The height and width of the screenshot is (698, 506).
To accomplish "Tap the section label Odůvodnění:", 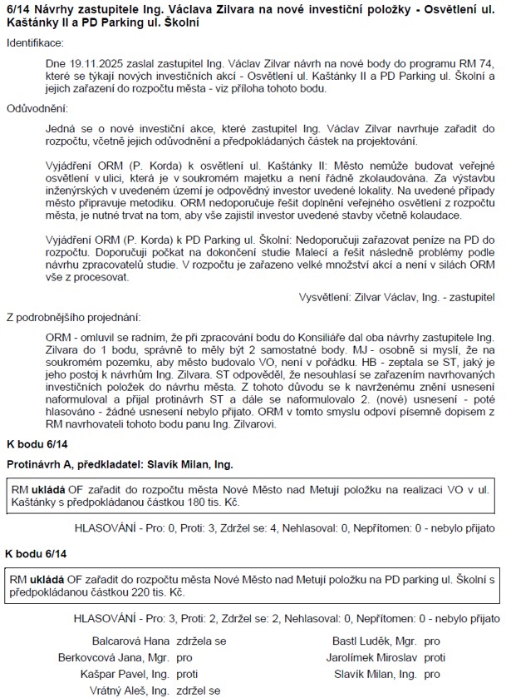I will (37, 108).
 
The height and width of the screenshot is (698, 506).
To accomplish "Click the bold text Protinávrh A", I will (42, 463).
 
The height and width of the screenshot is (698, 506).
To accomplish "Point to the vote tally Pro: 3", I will (153, 620).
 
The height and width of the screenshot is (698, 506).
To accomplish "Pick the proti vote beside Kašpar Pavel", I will (188, 674).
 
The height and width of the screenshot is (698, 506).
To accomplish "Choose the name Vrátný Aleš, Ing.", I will (131, 690).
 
